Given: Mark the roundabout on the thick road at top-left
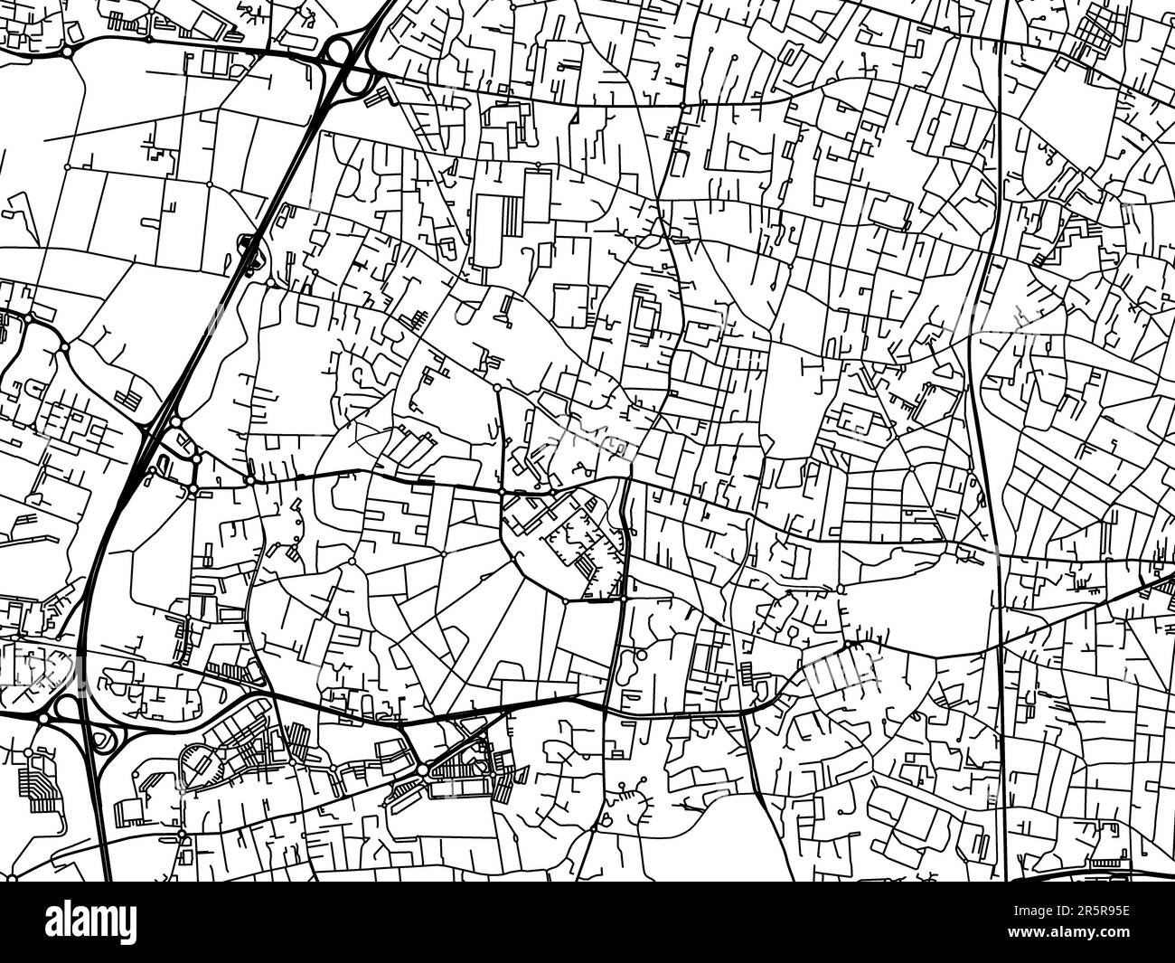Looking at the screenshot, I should click(68, 52).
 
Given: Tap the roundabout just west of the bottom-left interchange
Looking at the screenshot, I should click(42, 716).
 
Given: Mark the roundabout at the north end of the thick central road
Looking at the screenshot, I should click(498, 388).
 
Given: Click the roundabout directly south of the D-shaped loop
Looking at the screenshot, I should click(182, 834).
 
